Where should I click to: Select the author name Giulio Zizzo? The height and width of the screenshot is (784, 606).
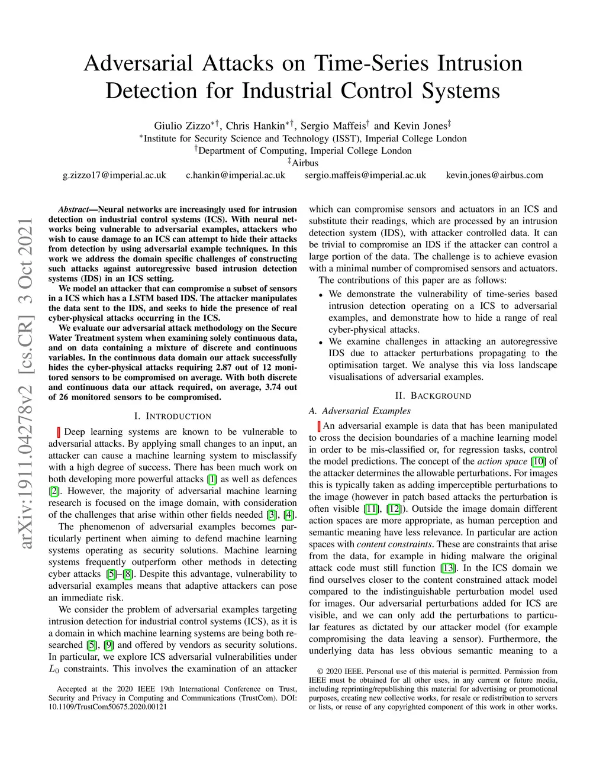pos(182,125)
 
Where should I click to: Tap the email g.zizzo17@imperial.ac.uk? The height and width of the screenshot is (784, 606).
pos(114,175)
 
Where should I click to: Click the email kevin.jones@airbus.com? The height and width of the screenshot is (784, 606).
pos(494,175)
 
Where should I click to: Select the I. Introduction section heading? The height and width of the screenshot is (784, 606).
pos(173,417)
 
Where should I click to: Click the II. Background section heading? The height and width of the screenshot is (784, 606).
pos(433,396)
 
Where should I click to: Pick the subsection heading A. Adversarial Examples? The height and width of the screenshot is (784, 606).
pos(359,411)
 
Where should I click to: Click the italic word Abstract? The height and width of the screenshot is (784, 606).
pos(73,209)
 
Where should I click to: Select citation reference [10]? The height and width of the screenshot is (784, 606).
pos(538,462)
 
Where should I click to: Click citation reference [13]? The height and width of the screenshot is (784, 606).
pos(448,568)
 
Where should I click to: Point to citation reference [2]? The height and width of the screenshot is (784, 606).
pos(54,491)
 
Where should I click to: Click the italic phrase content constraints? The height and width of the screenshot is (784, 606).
pos(394,544)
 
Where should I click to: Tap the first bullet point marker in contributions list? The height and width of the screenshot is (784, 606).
pos(321,295)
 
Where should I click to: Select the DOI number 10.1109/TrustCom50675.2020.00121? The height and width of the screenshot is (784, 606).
pos(108,707)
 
